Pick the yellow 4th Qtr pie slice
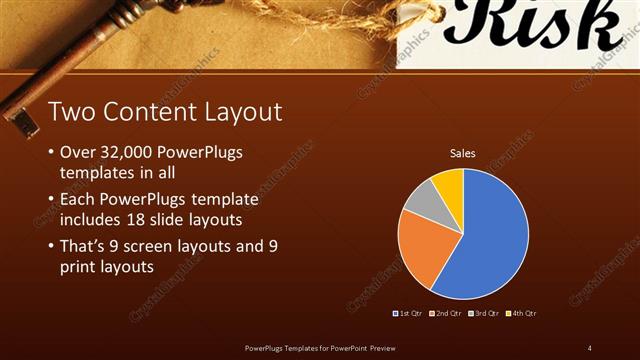pyautogui.click(x=449, y=184)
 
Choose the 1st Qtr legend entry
pyautogui.click(x=409, y=313)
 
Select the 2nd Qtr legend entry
pyautogui.click(x=447, y=313)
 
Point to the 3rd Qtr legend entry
pyautogui.click(x=486, y=313)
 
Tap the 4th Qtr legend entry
pyautogui.click(x=523, y=313)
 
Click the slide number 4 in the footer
pyautogui.click(x=589, y=347)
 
